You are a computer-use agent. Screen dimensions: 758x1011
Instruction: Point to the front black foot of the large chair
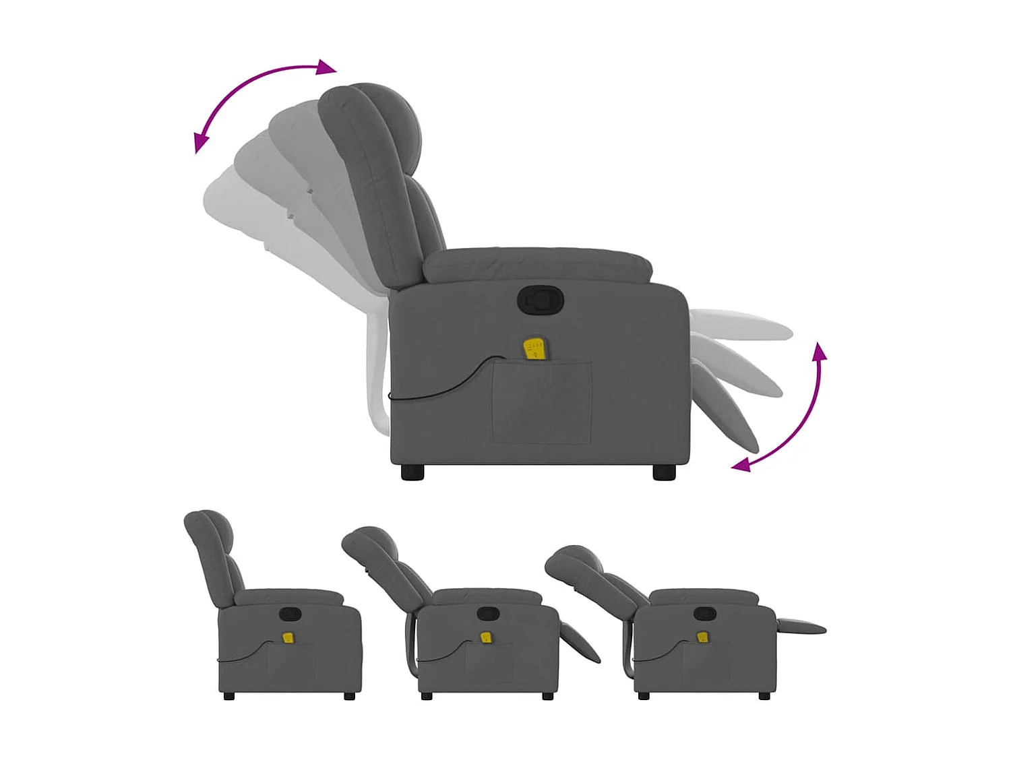[x=664, y=472]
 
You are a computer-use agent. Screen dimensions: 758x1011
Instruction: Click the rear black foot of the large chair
[x=412, y=472]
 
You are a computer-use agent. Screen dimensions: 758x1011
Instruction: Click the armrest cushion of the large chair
[x=539, y=264]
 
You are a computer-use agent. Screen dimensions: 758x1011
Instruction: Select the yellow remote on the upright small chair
[x=288, y=637]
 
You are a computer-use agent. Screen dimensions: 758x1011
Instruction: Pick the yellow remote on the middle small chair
[x=485, y=637]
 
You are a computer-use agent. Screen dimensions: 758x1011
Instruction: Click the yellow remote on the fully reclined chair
[x=703, y=637]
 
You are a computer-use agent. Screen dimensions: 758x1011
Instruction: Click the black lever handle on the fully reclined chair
[x=704, y=614]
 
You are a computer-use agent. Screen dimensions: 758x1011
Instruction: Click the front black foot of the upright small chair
[x=349, y=696]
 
